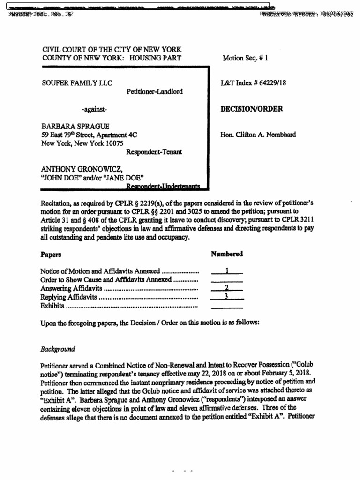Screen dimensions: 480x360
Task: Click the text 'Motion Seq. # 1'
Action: [x=245, y=58]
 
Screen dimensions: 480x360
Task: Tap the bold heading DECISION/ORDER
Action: [x=251, y=109]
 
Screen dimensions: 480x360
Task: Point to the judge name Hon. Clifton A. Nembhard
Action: [x=258, y=135]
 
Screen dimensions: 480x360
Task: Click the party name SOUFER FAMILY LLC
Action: [x=76, y=83]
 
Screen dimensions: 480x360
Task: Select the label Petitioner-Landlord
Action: [x=154, y=92]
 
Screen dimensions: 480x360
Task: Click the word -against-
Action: [x=95, y=109]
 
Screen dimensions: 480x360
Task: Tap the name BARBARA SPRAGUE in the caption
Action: [x=75, y=127]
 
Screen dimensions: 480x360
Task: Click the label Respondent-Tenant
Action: [x=154, y=152]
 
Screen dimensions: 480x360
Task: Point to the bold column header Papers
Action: [x=51, y=254]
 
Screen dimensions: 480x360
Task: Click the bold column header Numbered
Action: [x=227, y=254]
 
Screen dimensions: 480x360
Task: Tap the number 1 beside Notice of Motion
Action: [x=227, y=270]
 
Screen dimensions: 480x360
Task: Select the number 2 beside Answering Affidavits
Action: [x=227, y=287]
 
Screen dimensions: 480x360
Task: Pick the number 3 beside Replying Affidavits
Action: [x=227, y=296]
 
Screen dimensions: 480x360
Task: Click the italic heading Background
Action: [x=58, y=349]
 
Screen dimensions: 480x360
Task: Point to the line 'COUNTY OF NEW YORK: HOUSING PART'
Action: [x=111, y=58]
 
